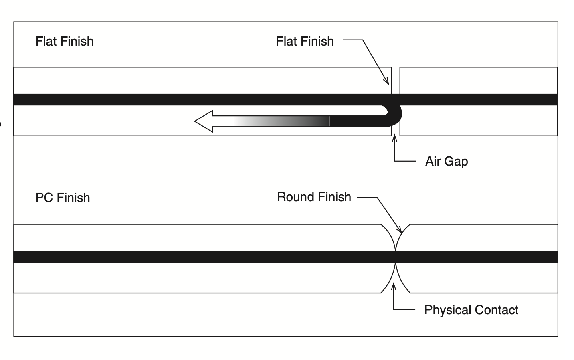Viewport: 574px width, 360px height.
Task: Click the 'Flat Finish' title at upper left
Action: click(65, 42)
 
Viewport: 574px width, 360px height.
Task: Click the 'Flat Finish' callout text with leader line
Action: click(305, 42)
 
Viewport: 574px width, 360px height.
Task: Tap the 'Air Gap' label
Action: click(447, 162)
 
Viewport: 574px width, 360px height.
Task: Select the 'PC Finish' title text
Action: click(63, 198)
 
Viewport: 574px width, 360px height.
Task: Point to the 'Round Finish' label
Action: click(314, 197)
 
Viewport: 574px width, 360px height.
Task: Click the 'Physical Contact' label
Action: click(471, 310)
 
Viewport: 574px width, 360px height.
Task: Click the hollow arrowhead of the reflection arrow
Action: click(204, 121)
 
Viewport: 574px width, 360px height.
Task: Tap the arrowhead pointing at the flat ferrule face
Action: click(386, 81)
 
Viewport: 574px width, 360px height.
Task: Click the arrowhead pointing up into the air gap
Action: click(394, 138)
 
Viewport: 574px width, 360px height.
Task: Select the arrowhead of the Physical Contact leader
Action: click(394, 287)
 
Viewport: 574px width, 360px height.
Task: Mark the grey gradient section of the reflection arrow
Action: click(281, 121)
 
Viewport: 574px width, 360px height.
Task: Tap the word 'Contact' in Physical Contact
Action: click(496, 310)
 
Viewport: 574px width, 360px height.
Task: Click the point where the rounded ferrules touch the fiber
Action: click(395, 257)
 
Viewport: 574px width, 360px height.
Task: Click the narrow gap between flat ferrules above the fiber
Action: click(396, 81)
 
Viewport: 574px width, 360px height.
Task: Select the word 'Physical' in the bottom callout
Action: click(448, 310)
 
